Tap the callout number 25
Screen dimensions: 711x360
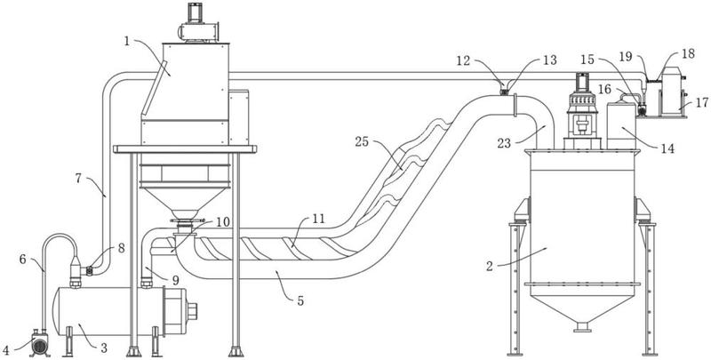pyautogui.click(x=362, y=142)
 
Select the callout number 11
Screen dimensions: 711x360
pyautogui.click(x=318, y=220)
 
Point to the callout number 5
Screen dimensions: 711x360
pyautogui.click(x=300, y=300)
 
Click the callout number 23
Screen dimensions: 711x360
pyautogui.click(x=504, y=144)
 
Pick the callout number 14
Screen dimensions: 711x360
pyautogui.click(x=668, y=148)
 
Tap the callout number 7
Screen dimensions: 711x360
pyautogui.click(x=78, y=179)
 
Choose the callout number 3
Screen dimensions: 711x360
pyautogui.click(x=104, y=348)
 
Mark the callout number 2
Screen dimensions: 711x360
pyautogui.click(x=490, y=266)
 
